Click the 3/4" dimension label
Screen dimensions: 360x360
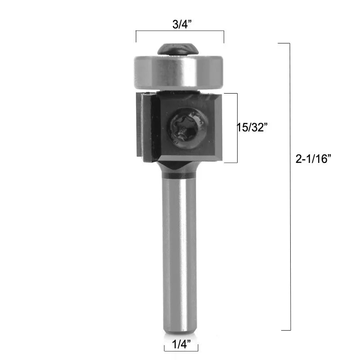(x=180, y=25)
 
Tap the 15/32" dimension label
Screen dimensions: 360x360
(x=252, y=127)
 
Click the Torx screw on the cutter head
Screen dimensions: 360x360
(x=189, y=127)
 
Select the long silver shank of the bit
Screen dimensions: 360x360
(x=180, y=252)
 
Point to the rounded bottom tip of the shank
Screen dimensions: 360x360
(x=180, y=331)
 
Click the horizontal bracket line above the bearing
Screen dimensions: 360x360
(x=180, y=31)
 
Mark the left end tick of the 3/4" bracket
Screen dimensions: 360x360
(x=136, y=36)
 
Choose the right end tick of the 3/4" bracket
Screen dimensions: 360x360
(x=224, y=36)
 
